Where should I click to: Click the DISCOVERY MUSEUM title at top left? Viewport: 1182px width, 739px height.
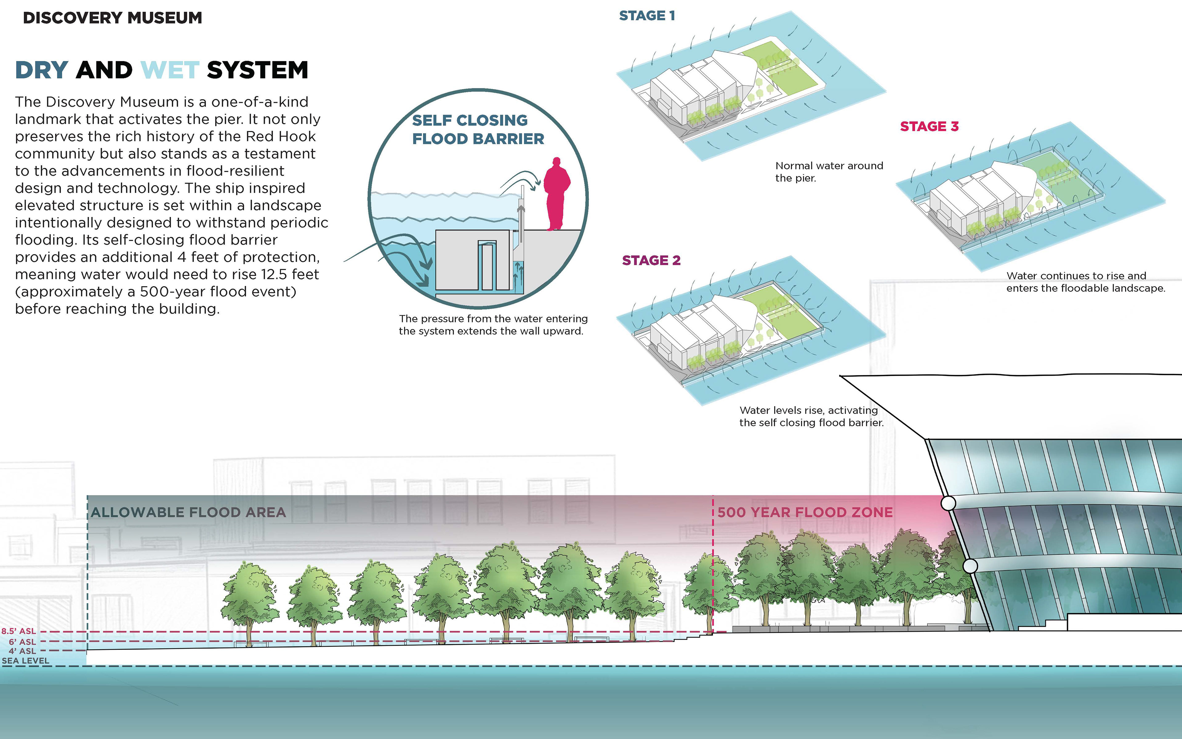tap(112, 18)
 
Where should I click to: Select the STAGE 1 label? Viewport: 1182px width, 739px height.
tap(647, 16)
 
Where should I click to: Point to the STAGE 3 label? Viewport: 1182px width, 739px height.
tap(929, 127)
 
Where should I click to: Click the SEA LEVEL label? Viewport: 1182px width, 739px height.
tap(26, 661)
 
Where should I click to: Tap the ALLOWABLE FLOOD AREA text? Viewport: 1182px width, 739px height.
tap(188, 512)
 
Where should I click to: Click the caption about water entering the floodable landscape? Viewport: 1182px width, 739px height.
tap(1085, 282)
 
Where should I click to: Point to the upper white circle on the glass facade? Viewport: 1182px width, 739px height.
tap(948, 503)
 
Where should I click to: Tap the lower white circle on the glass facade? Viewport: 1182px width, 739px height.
tap(970, 566)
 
